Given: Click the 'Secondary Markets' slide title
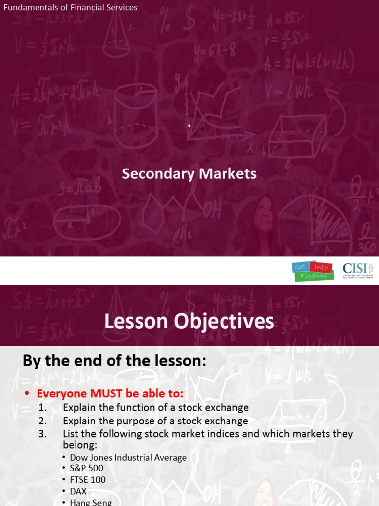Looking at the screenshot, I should click(189, 174).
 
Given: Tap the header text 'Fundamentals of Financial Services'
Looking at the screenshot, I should click(71, 7).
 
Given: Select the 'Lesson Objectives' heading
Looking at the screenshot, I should click(189, 322).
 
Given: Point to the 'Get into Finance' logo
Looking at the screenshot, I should click(310, 271).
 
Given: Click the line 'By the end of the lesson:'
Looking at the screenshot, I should click(114, 361).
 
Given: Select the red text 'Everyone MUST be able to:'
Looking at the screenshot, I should click(110, 394).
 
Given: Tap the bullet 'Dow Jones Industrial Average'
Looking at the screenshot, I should click(128, 458).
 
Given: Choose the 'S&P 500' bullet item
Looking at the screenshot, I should click(86, 468).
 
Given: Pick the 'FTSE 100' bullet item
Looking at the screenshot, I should click(87, 480).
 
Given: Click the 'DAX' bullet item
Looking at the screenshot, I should click(78, 491).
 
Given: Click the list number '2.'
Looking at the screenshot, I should click(42, 421).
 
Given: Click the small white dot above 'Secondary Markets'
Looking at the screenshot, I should click(189, 126).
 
